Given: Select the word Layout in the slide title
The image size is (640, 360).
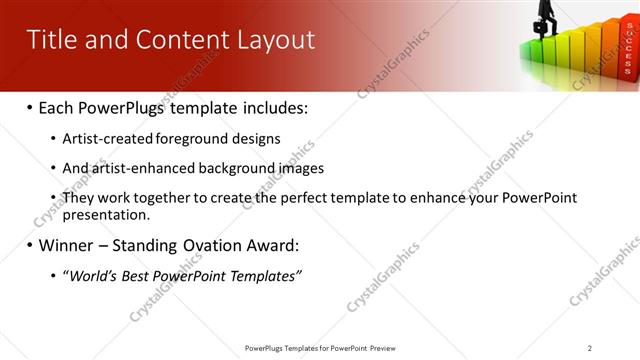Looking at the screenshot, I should pos(275,39).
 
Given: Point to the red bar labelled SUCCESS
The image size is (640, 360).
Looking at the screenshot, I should pos(627,50).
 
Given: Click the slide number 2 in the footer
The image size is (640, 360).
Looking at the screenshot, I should pos(590,348).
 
